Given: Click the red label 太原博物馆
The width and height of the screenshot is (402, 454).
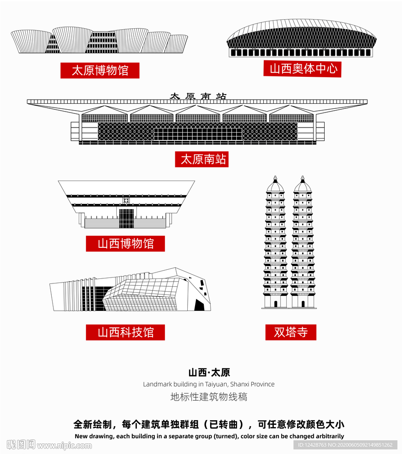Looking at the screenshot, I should pos(100,70).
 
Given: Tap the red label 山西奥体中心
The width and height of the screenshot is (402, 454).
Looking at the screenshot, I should pos(303,69).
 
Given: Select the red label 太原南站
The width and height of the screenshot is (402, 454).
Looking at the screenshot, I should pos(201,159).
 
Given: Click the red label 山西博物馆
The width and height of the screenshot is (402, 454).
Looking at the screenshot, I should pos(125,243).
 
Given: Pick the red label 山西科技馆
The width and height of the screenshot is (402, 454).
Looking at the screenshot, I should pos(125,332).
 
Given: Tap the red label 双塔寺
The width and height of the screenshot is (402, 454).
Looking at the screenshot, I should pos(291,332).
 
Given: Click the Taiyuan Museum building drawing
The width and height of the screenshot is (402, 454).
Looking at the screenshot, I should pos(99,41).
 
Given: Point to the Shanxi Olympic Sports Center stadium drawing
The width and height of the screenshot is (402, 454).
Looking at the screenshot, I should pos(301,39).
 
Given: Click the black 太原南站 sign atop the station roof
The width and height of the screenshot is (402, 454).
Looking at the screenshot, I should pos(198,96).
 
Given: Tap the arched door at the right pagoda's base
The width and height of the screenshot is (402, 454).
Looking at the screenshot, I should pos(303,304).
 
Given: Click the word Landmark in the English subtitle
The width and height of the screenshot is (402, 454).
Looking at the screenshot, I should pos(158,384).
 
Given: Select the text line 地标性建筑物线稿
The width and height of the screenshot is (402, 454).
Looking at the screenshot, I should pos(209,396).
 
